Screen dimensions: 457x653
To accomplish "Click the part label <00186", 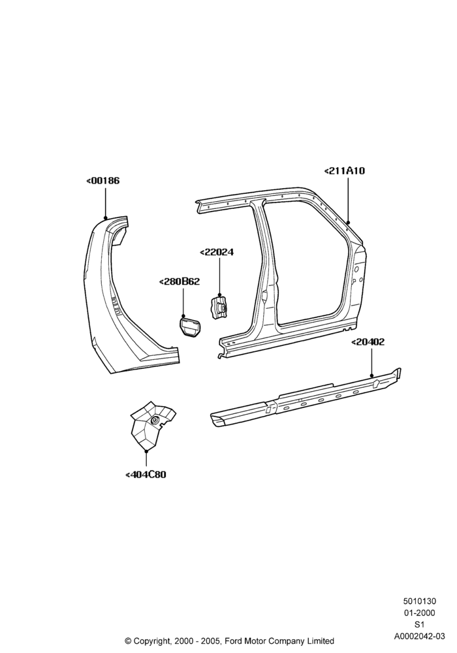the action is pos(102,181).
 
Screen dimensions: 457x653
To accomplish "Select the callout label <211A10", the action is pos(344,170).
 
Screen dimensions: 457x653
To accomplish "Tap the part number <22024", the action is pos(217,252).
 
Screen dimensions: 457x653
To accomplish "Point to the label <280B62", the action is pos(180,281).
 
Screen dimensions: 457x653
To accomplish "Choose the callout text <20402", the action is pos(368,342).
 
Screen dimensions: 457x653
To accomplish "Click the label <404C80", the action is pos(146,474).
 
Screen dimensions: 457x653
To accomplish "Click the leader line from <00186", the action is pos(105,202).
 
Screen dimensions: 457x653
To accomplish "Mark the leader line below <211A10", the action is pos(348,200).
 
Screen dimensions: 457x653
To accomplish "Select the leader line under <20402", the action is pos(371,362).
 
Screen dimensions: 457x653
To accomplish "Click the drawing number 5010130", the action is pos(419,601).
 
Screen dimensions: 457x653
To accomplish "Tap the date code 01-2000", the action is pos(420,613).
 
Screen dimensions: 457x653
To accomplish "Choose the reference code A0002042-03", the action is pos(420,636).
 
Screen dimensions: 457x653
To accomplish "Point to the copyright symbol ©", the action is pos(128,641).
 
